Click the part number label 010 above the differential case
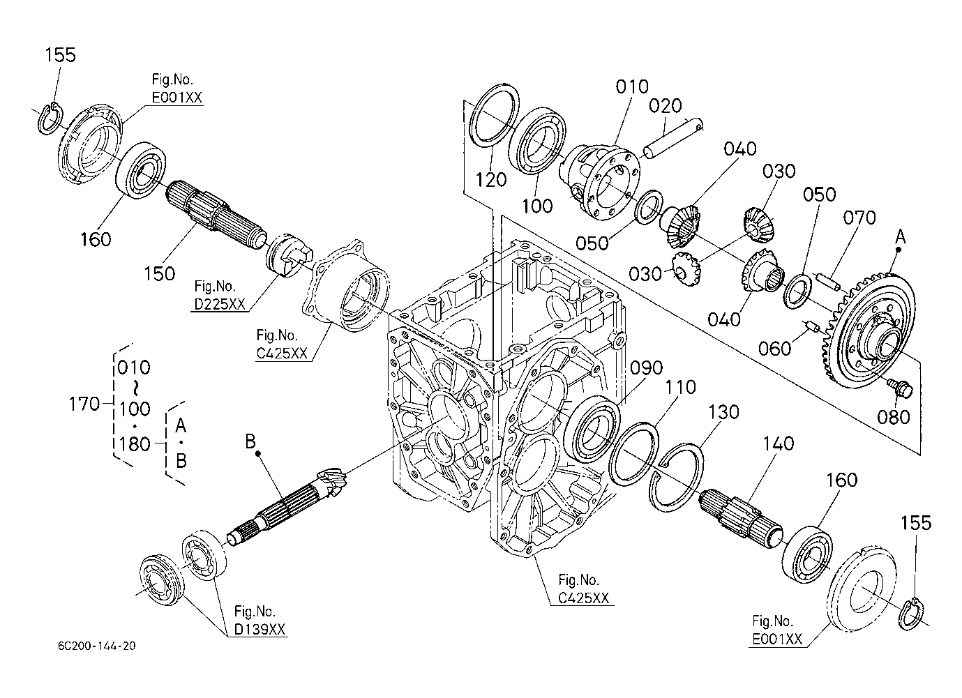(x=632, y=86)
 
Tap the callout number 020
(x=666, y=106)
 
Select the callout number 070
(x=859, y=218)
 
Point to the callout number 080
(x=893, y=417)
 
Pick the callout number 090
(x=647, y=368)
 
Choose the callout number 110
(x=680, y=388)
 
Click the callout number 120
(x=491, y=180)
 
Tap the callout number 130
(x=723, y=412)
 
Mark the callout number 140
(x=779, y=443)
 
